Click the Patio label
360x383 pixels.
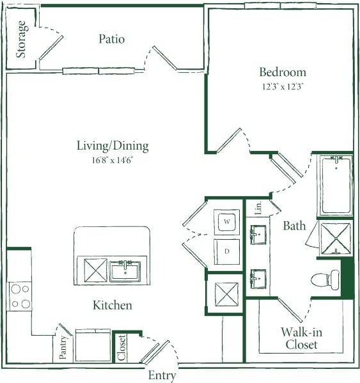pyautogui.click(x=112, y=39)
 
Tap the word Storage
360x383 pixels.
pyautogui.click(x=22, y=39)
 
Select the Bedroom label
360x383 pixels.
pyautogui.click(x=282, y=72)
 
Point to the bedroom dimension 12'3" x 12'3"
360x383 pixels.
pyautogui.click(x=282, y=86)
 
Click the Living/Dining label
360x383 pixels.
pyautogui.click(x=113, y=146)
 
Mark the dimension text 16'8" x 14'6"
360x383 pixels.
pyautogui.click(x=113, y=160)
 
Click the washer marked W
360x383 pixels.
pyautogui.click(x=226, y=222)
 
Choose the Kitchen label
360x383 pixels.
pyautogui.click(x=113, y=305)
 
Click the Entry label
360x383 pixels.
pyautogui.click(x=162, y=375)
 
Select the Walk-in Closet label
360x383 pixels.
pyautogui.click(x=299, y=338)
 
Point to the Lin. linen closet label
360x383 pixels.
pyautogui.click(x=258, y=207)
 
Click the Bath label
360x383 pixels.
pyautogui.click(x=295, y=226)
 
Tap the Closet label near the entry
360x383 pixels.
pyautogui.click(x=121, y=348)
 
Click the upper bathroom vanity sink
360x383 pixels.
pyautogui.click(x=258, y=234)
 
